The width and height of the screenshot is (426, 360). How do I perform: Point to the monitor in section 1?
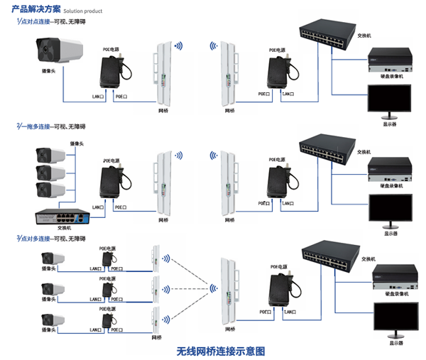pyautogui.click(x=389, y=99)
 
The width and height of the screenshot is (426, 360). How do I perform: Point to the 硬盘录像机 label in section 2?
pyautogui.click(x=390, y=186)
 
